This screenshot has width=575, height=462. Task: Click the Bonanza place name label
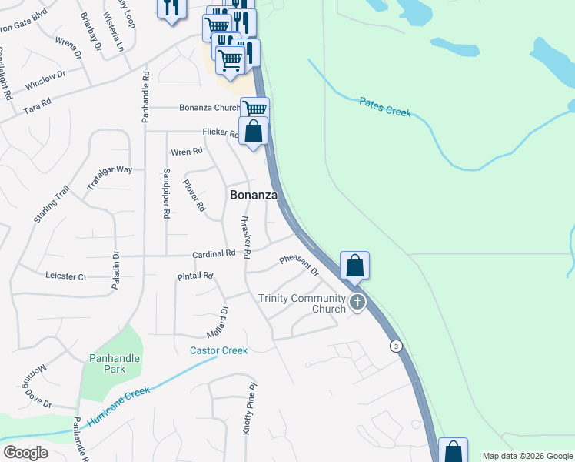tap(254, 196)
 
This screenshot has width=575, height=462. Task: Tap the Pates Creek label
tap(385, 107)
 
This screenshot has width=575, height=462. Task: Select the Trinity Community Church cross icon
tap(357, 302)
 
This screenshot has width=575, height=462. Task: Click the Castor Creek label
tap(219, 350)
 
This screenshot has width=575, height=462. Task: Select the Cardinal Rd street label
tap(214, 253)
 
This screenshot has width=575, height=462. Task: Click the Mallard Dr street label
tap(218, 323)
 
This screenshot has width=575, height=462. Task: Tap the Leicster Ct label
tap(66, 276)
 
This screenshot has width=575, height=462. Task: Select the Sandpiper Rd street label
tap(165, 193)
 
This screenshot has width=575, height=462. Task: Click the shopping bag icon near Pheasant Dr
tap(354, 265)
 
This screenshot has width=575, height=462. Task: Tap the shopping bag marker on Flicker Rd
tap(254, 132)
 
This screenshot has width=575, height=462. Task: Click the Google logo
tap(25, 453)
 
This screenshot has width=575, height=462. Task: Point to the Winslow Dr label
tap(45, 79)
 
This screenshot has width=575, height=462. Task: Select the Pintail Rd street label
tap(194, 276)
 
